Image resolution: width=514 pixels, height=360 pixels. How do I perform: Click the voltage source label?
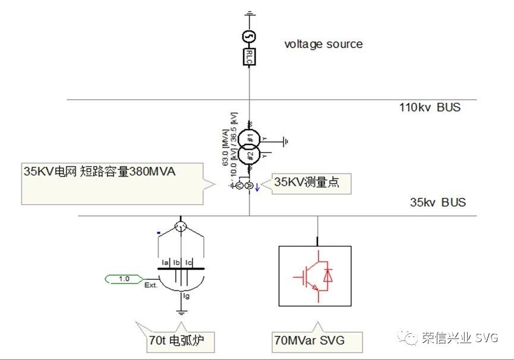tap(323, 44)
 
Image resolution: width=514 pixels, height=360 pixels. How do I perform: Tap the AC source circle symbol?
tap(250, 37)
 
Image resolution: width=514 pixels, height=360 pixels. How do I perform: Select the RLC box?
tap(250, 57)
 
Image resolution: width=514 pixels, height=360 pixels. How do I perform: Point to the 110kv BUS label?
tap(430, 108)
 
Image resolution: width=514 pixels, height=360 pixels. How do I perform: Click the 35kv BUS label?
tap(438, 202)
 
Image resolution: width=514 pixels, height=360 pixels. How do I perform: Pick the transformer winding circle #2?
tap(251, 154)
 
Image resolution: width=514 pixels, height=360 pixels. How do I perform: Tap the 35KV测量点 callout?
tap(307, 183)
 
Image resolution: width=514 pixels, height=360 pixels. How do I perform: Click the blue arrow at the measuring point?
tap(257, 188)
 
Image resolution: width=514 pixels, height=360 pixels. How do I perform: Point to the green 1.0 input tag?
tap(124, 278)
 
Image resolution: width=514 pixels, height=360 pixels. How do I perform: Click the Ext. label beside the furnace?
tap(150, 286)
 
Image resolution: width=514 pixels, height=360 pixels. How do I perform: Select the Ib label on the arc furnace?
tap(177, 261)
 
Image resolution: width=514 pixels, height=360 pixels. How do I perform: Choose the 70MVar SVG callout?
tap(309, 340)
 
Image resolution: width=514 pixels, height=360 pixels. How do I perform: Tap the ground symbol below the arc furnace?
tap(180, 311)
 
